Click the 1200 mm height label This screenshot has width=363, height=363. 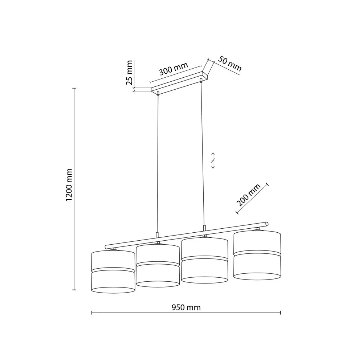click(x=69, y=185)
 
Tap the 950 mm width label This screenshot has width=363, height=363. click(x=186, y=307)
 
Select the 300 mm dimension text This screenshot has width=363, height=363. click(x=174, y=69)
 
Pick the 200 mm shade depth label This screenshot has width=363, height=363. click(x=248, y=195)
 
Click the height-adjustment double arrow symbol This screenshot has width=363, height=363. click(x=213, y=160)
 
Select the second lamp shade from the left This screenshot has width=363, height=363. click(x=158, y=266)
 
